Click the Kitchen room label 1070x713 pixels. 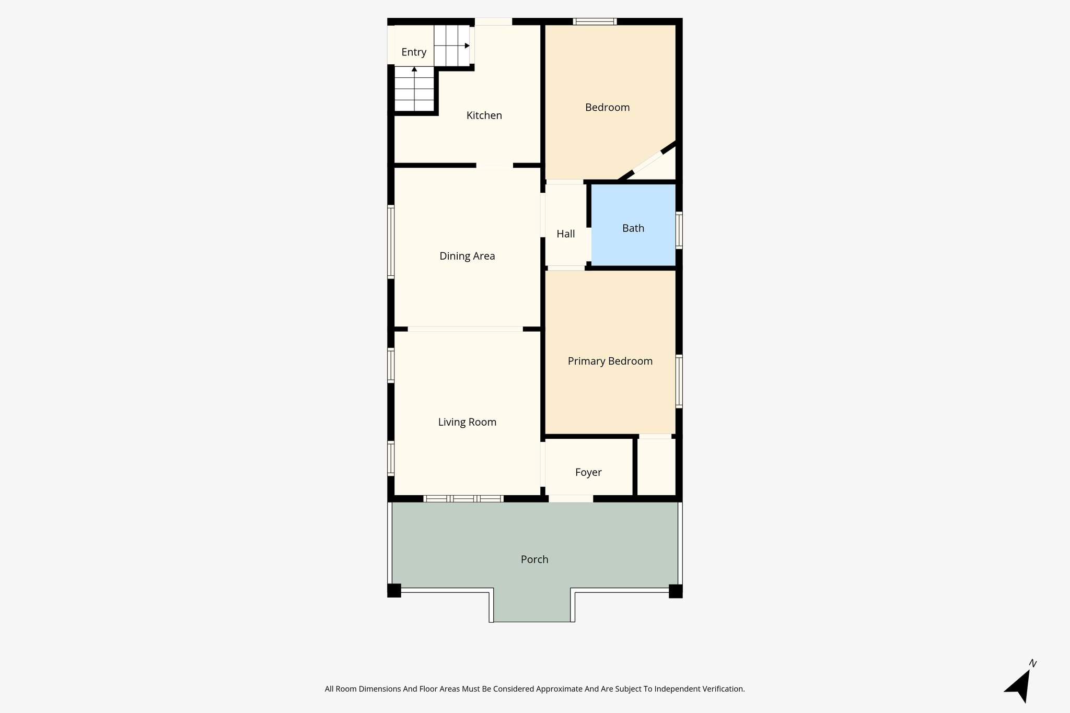point(484,115)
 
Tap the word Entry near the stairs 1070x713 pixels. point(414,52)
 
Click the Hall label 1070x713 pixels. point(565,234)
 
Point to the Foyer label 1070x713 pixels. point(588,472)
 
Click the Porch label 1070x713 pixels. point(534,559)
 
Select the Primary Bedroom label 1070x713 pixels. point(610,361)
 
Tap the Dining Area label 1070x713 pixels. point(467,256)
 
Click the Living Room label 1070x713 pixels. point(467,422)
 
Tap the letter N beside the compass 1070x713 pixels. point(1032,663)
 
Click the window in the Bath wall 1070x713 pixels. point(679,229)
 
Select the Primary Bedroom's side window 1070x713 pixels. point(679,380)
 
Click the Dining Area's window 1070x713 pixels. point(390,241)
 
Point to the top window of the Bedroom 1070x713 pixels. point(595,21)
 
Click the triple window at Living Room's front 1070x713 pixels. point(463,499)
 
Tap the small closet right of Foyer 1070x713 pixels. point(656,466)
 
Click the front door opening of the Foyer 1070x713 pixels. point(571,499)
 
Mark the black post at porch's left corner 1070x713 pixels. point(394,591)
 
